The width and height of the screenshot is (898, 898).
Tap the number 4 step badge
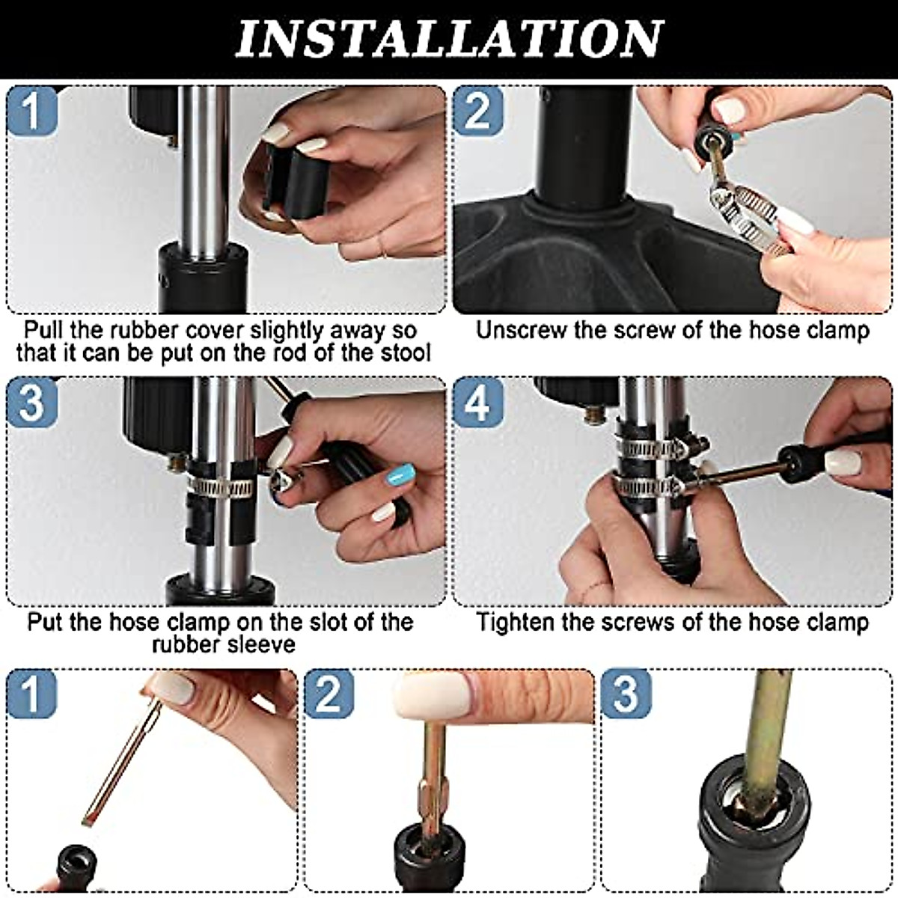click(477, 403)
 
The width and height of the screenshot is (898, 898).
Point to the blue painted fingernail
click(403, 474)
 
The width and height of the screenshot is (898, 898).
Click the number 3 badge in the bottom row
click(626, 694)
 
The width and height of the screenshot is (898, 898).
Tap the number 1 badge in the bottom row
click(31, 694)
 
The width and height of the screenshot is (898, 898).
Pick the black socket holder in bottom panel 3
click(748, 831)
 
